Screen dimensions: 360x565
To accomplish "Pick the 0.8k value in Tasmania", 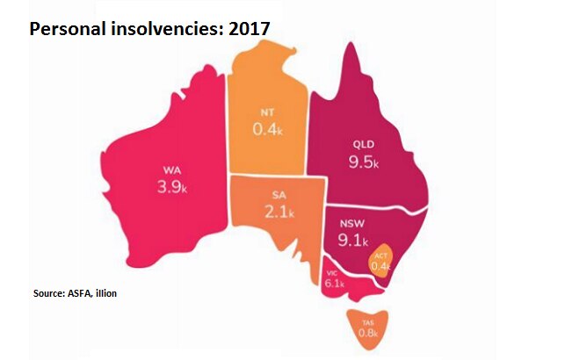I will tap(366, 334).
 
